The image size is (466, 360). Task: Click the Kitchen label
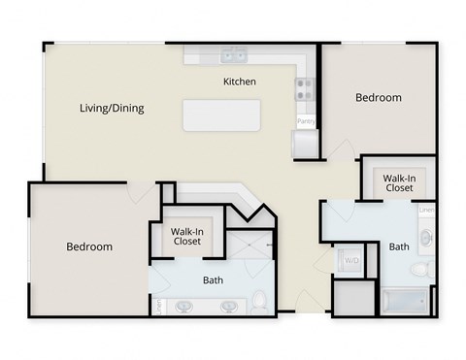(240, 82)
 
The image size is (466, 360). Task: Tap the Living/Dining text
(112, 108)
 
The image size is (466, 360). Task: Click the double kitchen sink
(233, 55)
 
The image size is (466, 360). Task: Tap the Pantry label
(306, 121)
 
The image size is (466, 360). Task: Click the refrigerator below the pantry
(305, 144)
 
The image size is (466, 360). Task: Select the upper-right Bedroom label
(378, 97)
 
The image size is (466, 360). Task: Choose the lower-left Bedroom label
(89, 246)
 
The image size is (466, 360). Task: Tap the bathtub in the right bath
(404, 302)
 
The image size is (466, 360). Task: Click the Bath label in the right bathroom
(399, 246)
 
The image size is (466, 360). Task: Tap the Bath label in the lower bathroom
(214, 280)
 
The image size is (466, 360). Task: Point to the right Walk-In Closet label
(399, 183)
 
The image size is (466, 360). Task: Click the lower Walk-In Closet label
(186, 236)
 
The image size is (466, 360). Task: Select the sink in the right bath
(425, 235)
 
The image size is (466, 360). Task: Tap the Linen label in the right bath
(425, 209)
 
